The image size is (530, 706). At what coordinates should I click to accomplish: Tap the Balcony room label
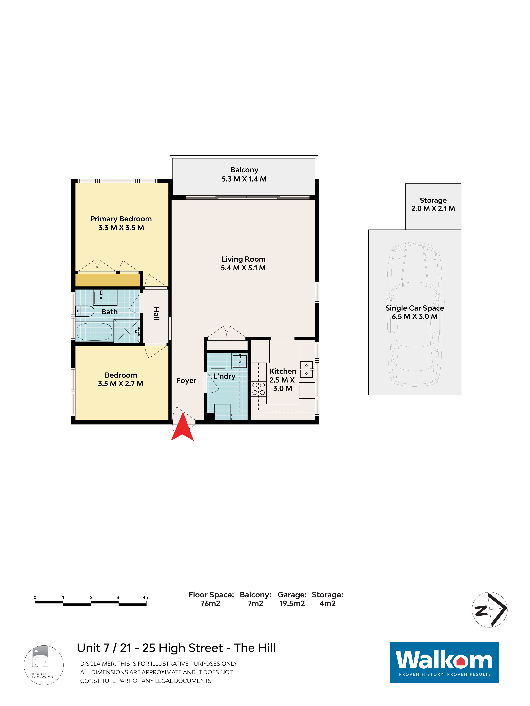pyautogui.click(x=244, y=170)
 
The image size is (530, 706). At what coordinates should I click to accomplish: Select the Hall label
pyautogui.click(x=156, y=313)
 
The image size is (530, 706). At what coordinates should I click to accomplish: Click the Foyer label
pyautogui.click(x=186, y=381)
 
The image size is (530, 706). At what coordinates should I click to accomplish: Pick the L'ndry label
pyautogui.click(x=224, y=376)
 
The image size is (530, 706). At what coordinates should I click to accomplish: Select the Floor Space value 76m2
pyautogui.click(x=210, y=603)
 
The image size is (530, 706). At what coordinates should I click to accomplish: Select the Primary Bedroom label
pyautogui.click(x=121, y=219)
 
